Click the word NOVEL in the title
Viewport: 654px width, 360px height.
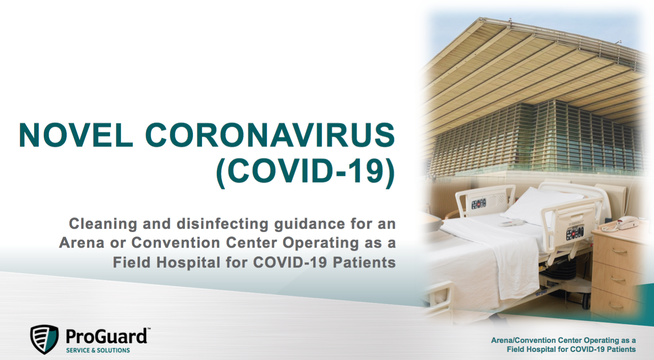[76, 135]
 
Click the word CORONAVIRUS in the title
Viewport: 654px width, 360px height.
[270, 135]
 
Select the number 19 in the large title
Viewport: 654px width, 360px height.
[368, 170]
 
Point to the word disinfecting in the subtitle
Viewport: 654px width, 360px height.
[223, 224]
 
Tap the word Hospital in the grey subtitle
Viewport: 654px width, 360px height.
[188, 263]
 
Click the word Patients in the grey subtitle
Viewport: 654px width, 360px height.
[364, 262]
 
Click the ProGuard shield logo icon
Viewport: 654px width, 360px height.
[44, 339]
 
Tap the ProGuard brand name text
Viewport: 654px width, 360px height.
[106, 337]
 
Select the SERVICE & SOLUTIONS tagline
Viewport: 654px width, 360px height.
[98, 351]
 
